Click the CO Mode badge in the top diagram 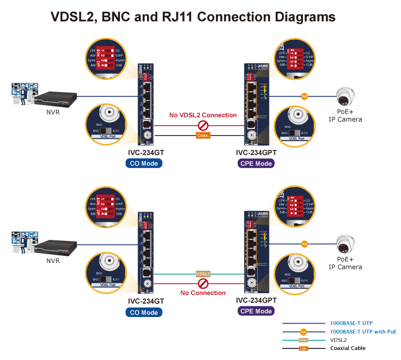click(144, 163)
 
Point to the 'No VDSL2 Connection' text click(203, 115)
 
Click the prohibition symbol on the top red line click(203, 125)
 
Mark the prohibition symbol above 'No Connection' click(203, 283)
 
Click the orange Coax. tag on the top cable click(203, 135)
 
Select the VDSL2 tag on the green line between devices click(203, 273)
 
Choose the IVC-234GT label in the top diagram click(146, 153)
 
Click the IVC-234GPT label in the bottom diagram click(256, 300)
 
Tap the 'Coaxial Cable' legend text click(348, 348)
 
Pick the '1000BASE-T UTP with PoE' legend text click(362, 332)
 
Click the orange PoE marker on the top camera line click(304, 96)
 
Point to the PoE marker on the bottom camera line click(304, 244)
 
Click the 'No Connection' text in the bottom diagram click(203, 293)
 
